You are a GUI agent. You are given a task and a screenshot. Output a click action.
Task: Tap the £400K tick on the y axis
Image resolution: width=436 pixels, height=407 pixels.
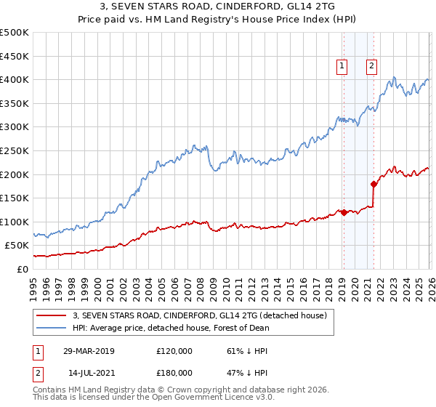point(15,79)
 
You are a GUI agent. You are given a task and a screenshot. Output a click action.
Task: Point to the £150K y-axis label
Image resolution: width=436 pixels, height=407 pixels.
point(15,198)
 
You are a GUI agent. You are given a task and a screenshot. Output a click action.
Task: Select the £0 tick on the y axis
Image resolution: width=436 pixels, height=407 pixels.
point(22,269)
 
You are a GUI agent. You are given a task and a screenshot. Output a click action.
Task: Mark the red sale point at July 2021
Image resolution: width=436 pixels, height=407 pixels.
point(374,184)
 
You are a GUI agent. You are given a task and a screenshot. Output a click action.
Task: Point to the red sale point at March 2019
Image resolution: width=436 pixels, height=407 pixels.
point(344,212)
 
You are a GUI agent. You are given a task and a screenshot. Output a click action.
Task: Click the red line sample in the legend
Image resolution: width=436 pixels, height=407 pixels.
point(51,316)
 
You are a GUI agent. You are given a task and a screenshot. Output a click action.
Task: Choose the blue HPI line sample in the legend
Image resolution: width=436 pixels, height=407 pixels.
point(51,328)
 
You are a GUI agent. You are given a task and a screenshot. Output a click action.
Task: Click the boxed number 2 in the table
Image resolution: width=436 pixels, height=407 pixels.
point(38,372)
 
